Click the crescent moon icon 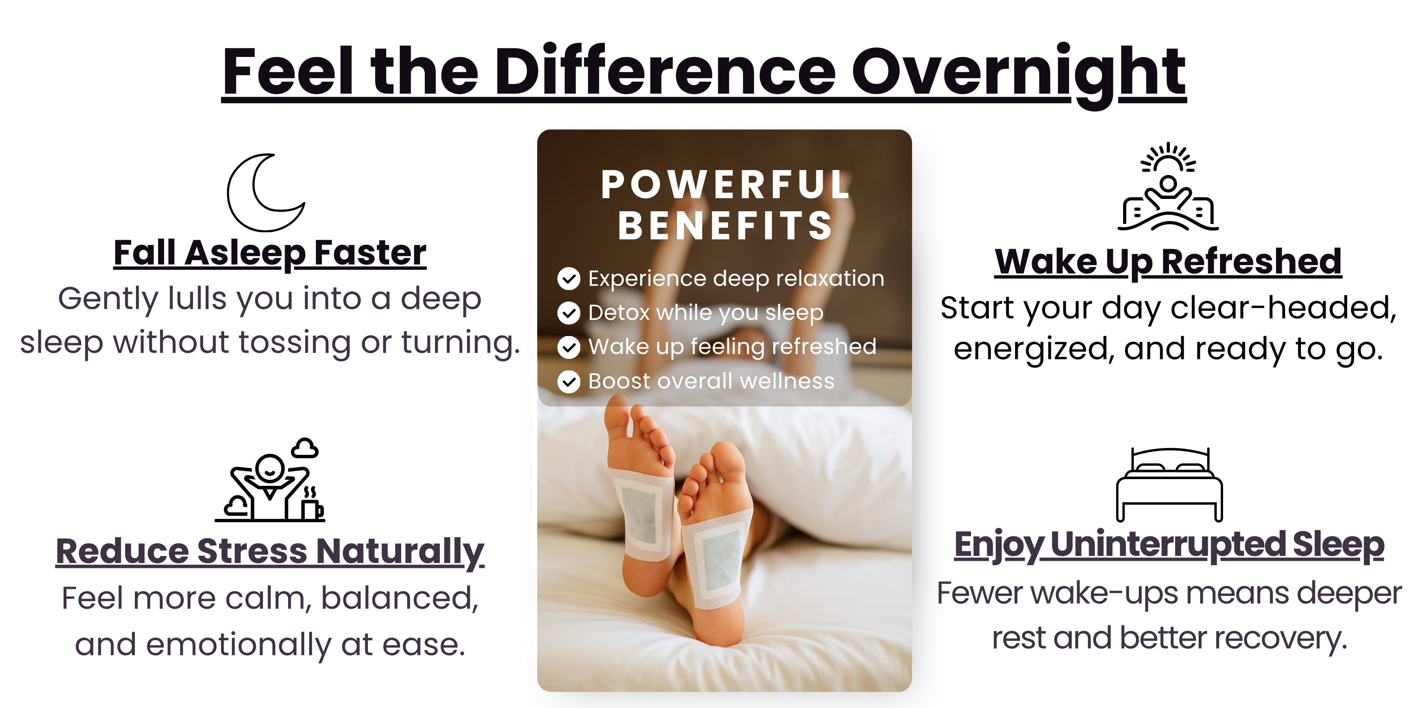pyautogui.click(x=237, y=203)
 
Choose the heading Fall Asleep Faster pyautogui.click(x=270, y=253)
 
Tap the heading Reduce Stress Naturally pyautogui.click(x=270, y=552)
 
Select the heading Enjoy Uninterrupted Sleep pyautogui.click(x=1169, y=545)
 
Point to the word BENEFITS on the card pyautogui.click(x=726, y=226)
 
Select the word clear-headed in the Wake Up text pyautogui.click(x=1283, y=308)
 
